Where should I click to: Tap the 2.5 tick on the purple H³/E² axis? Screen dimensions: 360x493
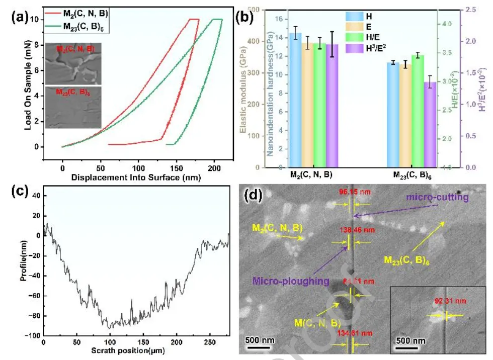tap(472, 10)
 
